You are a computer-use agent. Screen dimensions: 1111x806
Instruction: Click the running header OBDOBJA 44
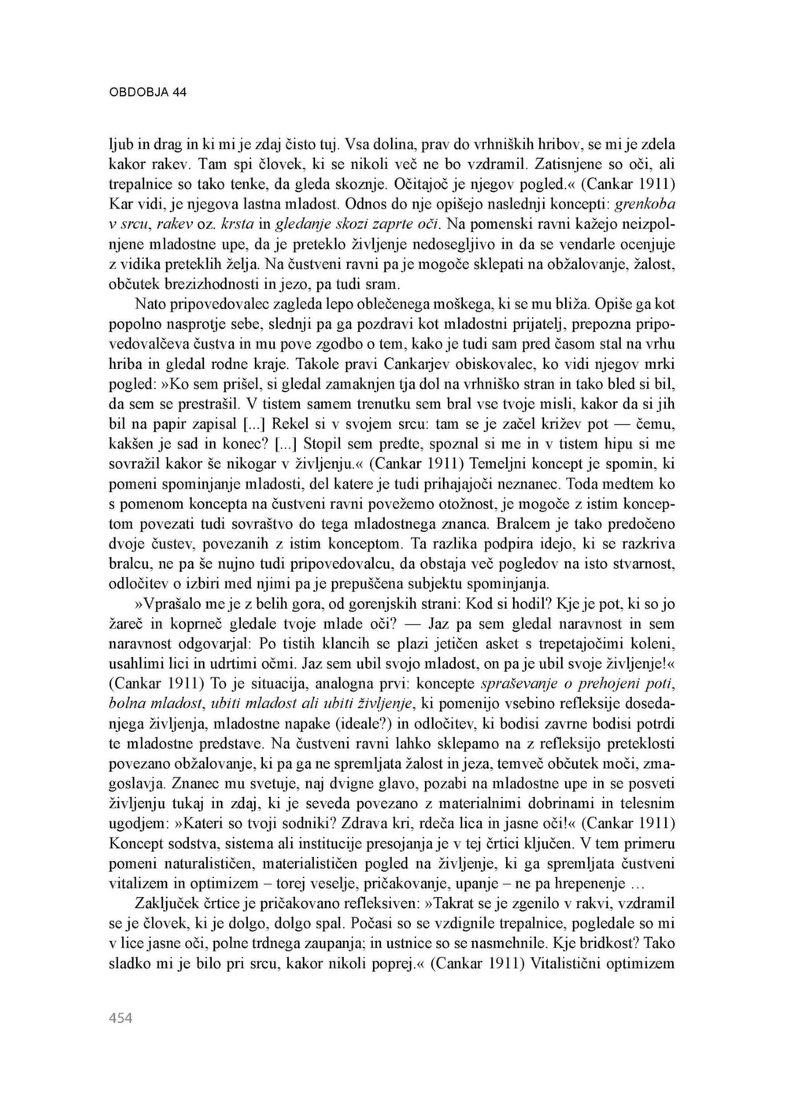147,92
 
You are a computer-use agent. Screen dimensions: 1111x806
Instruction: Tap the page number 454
120,1018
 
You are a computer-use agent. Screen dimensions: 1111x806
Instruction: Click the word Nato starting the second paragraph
153,304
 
